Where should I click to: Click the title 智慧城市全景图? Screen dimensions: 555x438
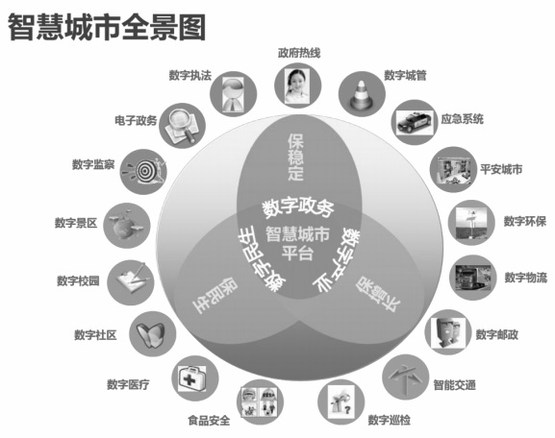(x=107, y=27)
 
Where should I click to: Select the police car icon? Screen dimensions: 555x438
(x=415, y=122)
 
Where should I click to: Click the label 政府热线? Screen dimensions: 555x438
(x=299, y=53)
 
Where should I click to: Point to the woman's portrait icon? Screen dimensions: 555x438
(x=297, y=85)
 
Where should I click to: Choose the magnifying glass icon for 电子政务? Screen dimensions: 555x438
(x=182, y=126)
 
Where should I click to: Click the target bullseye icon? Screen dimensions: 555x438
(x=144, y=171)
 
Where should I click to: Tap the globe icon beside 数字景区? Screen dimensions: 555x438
(x=126, y=225)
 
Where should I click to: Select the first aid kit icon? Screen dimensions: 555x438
(x=191, y=378)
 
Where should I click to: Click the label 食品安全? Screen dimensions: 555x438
(x=209, y=421)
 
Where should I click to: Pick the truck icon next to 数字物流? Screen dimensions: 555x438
(x=473, y=278)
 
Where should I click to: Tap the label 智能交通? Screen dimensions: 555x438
(x=454, y=384)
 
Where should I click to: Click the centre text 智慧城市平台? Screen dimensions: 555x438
(x=297, y=243)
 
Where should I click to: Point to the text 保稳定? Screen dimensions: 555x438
(x=295, y=157)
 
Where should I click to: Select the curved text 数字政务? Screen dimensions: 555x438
(x=297, y=207)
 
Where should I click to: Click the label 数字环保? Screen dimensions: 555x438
(x=525, y=222)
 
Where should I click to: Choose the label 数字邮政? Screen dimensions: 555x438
(x=497, y=334)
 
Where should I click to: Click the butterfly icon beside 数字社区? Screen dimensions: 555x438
(x=150, y=334)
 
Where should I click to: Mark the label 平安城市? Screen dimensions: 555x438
(x=501, y=169)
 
